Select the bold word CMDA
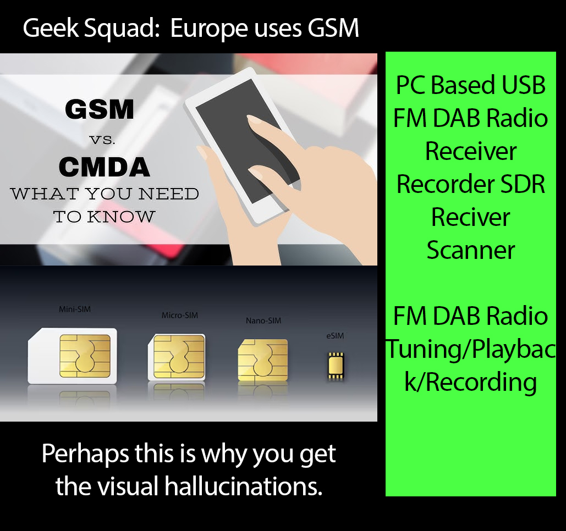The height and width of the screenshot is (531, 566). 105,167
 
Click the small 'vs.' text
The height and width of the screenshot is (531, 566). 102,140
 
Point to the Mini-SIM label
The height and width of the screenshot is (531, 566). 75,309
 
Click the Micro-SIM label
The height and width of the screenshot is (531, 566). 180,316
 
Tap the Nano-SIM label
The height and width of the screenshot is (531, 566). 263,320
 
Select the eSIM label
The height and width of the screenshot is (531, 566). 335,336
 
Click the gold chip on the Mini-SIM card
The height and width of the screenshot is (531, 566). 85,356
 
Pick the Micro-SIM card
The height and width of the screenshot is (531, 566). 177,357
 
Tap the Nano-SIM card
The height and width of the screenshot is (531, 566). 263,360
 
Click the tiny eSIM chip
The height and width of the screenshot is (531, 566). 336,366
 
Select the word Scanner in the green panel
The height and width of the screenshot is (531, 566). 471,250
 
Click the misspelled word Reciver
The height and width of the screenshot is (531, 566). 471,217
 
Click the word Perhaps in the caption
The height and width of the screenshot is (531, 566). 85,454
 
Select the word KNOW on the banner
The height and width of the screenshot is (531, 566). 121,217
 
